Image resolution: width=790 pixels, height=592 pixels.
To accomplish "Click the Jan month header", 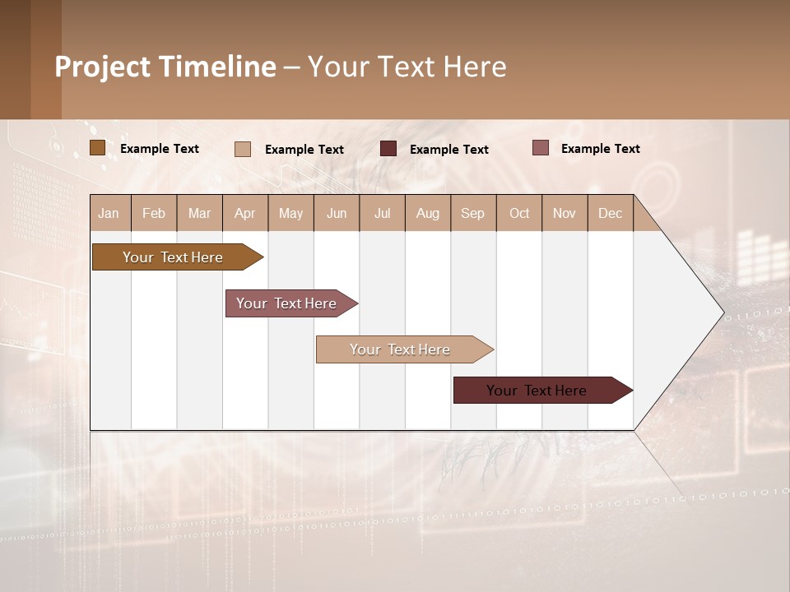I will [x=109, y=213].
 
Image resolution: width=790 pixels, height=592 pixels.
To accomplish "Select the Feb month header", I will [x=154, y=213].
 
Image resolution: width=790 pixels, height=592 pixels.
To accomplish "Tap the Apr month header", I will [x=245, y=213].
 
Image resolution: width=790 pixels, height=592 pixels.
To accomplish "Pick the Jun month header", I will [x=337, y=213].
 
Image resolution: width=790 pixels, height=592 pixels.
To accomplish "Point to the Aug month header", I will [x=428, y=213].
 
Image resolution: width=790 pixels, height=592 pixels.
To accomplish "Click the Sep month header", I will [x=473, y=213].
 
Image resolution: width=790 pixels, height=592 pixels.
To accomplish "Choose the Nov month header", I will [x=565, y=213].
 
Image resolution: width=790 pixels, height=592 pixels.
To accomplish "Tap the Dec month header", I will [x=611, y=213].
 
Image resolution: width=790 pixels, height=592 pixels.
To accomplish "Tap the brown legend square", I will [x=97, y=148].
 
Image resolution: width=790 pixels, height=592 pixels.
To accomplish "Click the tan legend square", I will [x=242, y=149].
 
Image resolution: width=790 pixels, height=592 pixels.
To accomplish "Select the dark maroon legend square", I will [x=388, y=149].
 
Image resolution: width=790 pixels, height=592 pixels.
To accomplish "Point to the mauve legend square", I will [x=540, y=148].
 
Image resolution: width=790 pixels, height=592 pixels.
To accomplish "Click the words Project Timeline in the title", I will [x=165, y=67].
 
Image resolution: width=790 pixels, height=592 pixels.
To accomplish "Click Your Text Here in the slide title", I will [x=407, y=67].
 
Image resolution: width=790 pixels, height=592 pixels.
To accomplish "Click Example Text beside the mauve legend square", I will [x=600, y=149].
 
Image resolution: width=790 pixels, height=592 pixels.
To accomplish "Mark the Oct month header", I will [x=519, y=213].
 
